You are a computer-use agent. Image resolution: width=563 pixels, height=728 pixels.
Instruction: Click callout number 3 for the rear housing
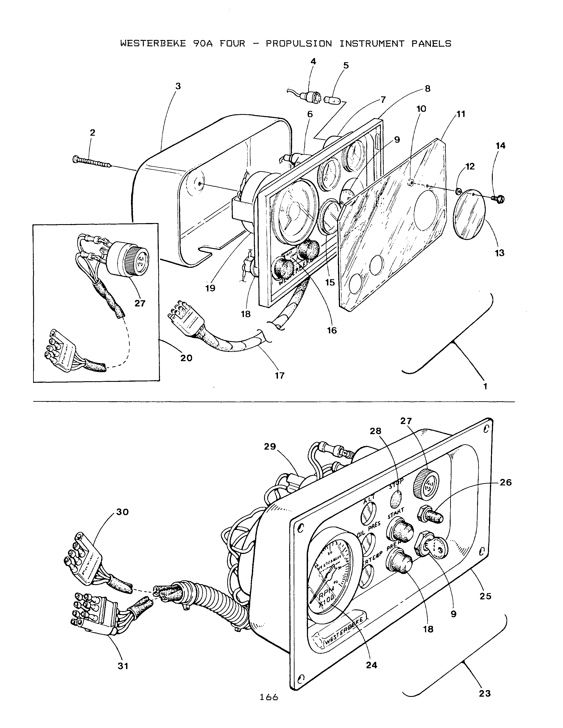click(x=178, y=86)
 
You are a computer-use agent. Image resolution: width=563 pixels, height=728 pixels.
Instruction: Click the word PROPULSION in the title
click(x=299, y=44)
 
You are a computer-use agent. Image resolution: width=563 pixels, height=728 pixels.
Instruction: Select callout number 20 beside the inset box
click(x=186, y=358)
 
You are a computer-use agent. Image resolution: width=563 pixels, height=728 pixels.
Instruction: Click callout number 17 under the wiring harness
click(x=280, y=376)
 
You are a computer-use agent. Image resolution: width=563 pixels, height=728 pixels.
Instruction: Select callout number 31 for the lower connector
click(x=123, y=666)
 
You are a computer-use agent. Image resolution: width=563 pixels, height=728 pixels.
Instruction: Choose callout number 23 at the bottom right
click(x=485, y=694)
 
